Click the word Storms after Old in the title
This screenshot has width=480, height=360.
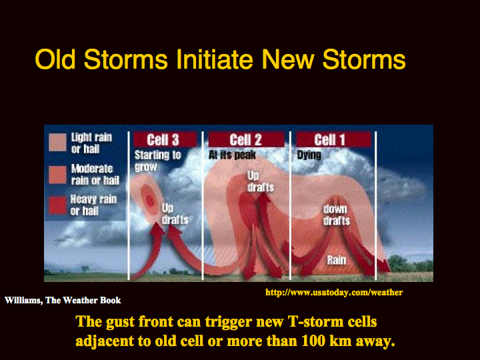[126, 59]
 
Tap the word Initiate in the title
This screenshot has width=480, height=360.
[215, 59]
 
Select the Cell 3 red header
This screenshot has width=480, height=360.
[165, 139]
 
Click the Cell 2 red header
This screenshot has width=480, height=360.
[246, 139]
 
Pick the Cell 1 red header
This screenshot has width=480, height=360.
[333, 139]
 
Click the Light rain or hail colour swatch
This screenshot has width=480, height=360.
[57, 143]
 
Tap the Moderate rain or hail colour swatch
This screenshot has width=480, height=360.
[57, 175]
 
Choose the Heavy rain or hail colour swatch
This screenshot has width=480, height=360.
[57, 205]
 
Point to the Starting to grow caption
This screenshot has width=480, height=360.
[157, 161]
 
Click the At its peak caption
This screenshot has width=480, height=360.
[232, 155]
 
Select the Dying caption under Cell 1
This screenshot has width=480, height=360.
[309, 155]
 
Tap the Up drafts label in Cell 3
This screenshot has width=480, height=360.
[175, 214]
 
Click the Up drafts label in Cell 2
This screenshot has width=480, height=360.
[261, 181]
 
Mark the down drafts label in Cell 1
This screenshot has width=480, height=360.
[337, 215]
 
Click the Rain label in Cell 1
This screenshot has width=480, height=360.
[337, 260]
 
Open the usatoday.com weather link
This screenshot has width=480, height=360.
[334, 293]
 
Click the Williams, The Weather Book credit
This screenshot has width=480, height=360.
[63, 300]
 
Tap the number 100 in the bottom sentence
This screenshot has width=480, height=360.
[313, 341]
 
